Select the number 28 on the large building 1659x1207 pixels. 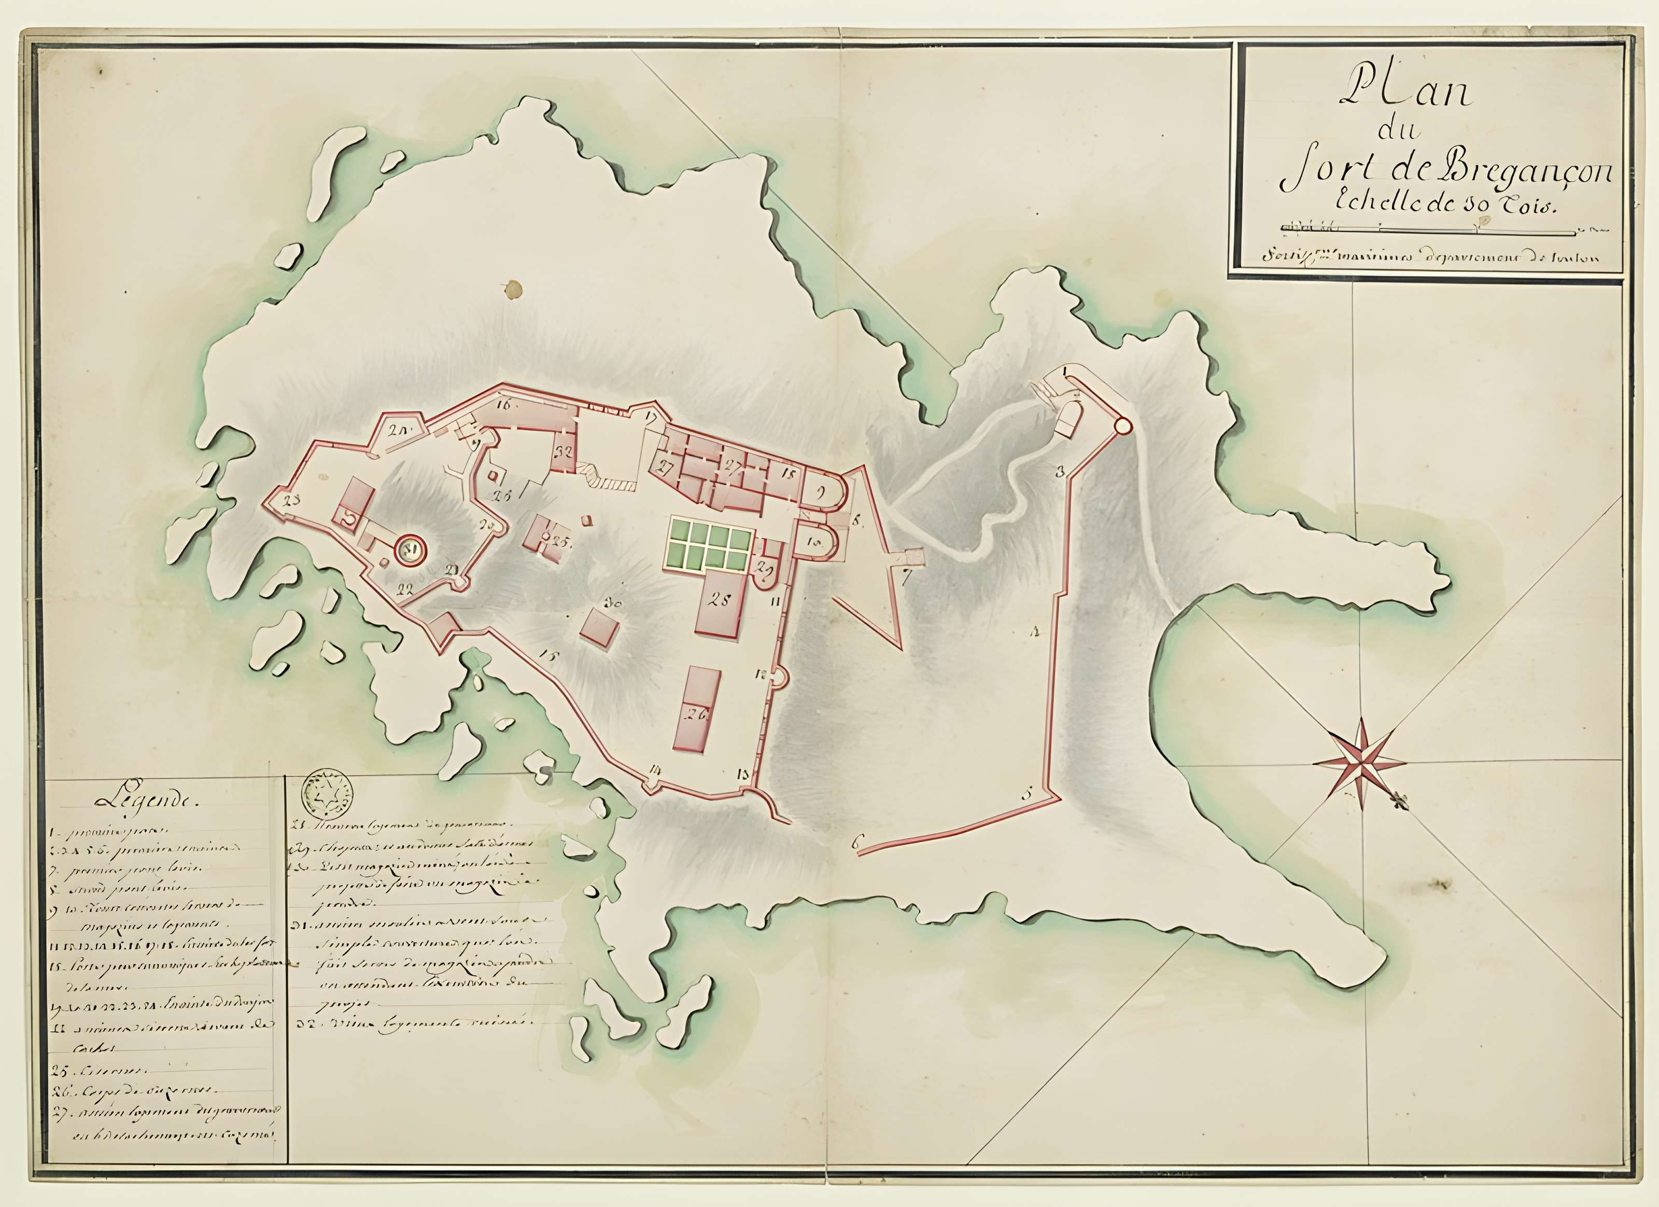[x=719, y=600]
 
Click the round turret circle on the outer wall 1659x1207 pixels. [x=1121, y=425]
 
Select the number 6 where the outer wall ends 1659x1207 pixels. [x=854, y=843]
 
